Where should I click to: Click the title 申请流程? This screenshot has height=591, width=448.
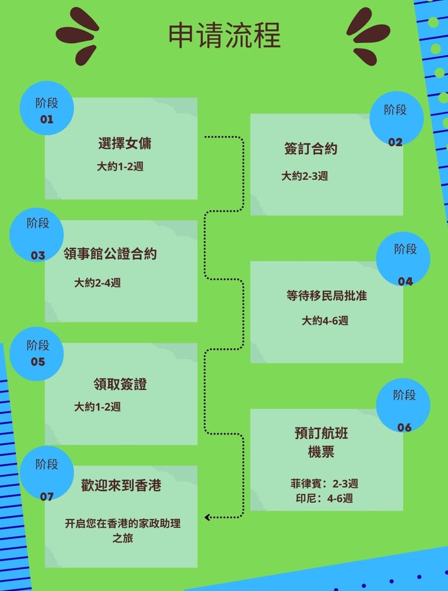tap(225, 36)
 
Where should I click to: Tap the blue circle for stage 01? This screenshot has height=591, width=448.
tap(47, 109)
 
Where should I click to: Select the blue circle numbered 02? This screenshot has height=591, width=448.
tap(396, 119)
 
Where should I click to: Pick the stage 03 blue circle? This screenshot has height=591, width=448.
tap(37, 235)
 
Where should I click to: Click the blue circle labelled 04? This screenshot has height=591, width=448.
tap(404, 259)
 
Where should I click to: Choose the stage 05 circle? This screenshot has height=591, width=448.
tap(37, 353)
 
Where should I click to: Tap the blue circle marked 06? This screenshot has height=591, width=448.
tap(404, 405)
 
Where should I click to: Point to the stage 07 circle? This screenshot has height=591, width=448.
tap(47, 474)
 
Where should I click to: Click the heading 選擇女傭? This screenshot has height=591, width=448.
tap(125, 144)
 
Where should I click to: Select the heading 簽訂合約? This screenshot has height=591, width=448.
tap(311, 149)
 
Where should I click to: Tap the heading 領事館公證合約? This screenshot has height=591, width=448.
tap(110, 254)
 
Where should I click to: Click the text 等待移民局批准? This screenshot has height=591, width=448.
tap(327, 295)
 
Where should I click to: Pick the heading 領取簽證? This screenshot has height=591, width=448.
tap(120, 384)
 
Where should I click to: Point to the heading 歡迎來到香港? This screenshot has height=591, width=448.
tap(121, 485)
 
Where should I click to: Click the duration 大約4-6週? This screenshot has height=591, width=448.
tap(325, 321)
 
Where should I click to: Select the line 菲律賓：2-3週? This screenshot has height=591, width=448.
tap(324, 484)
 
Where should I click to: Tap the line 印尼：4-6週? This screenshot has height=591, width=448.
tap(324, 499)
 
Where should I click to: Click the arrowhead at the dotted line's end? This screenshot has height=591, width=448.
tap(208, 517)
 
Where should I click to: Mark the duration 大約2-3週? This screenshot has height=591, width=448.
tap(304, 176)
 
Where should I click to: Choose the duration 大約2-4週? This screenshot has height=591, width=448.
tap(97, 283)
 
